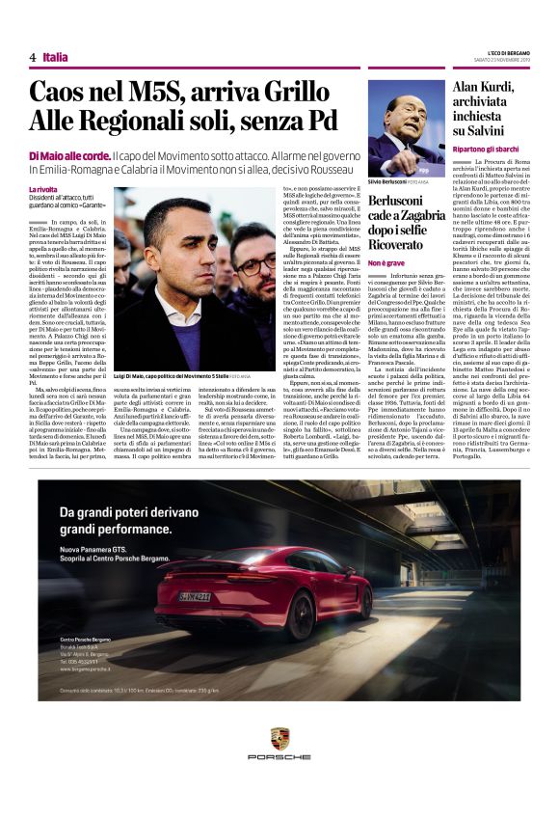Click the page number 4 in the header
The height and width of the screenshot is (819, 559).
pyautogui.click(x=33, y=57)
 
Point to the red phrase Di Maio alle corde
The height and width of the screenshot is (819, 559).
pyautogui.click(x=68, y=156)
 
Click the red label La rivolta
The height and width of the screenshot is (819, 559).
pyautogui.click(x=43, y=189)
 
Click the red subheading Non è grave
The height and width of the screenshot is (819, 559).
pyautogui.click(x=388, y=262)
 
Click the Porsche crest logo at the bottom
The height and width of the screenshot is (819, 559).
pyautogui.click(x=279, y=739)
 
